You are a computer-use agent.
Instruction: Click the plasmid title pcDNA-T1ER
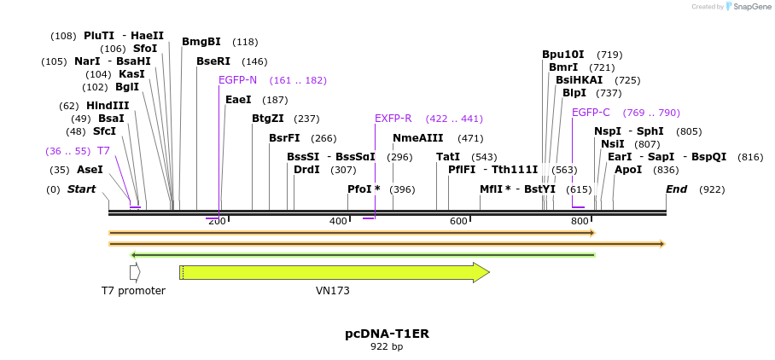pyautogui.click(x=387, y=334)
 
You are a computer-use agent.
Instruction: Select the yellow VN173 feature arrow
pyautogui.click(x=334, y=272)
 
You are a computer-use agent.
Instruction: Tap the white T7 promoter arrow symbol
pyautogui.click(x=135, y=272)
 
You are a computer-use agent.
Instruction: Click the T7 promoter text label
pyautogui.click(x=133, y=291)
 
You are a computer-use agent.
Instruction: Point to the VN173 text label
pyautogui.click(x=333, y=291)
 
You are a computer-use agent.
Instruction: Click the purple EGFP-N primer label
pyautogui.click(x=237, y=80)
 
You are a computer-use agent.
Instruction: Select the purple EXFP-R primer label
pyautogui.click(x=393, y=119)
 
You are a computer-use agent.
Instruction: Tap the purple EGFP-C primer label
pyautogui.click(x=591, y=113)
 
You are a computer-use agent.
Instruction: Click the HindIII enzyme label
pyautogui.click(x=108, y=106)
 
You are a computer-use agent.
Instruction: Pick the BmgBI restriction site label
pyautogui.click(x=201, y=42)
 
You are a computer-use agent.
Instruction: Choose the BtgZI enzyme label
pyautogui.click(x=268, y=119)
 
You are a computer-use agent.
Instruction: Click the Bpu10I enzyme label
pyautogui.click(x=563, y=55)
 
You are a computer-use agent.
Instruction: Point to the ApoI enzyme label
pyautogui.click(x=628, y=170)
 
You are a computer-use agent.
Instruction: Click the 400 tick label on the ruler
pyautogui.click(x=338, y=222)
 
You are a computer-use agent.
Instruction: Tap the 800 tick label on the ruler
pyautogui.click(x=580, y=222)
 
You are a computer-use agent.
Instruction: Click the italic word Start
pyautogui.click(x=82, y=189)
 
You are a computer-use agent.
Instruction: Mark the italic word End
pyautogui.click(x=677, y=189)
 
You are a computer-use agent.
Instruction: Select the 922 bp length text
pyautogui.click(x=387, y=346)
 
